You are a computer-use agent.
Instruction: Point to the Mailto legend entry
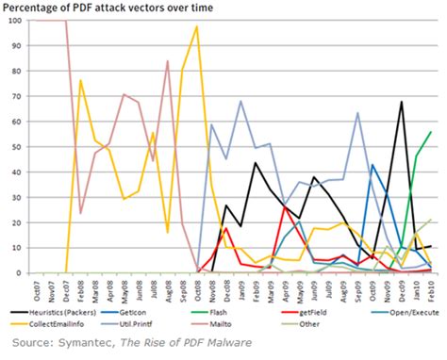(x=274, y=322)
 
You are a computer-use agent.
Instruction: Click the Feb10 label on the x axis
(x=430, y=287)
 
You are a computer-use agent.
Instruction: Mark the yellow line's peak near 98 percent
(x=196, y=26)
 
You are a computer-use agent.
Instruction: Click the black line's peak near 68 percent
(x=402, y=102)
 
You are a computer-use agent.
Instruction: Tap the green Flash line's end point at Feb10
(x=431, y=132)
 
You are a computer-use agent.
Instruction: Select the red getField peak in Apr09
(x=284, y=207)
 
